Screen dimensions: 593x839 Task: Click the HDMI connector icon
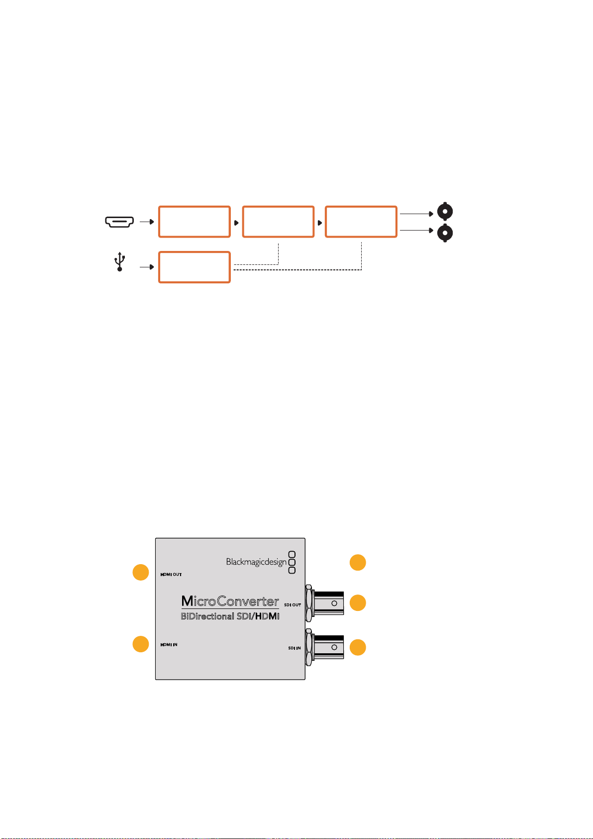119,222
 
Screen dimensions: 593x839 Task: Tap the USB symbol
120,261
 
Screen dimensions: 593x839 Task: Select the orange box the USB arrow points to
194,267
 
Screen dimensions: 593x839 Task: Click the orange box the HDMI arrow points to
194,222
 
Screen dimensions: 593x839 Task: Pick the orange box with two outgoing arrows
361,222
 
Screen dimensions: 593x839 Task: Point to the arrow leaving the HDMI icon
147,222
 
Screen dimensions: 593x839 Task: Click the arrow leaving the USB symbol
147,267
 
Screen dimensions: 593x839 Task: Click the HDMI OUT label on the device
171,574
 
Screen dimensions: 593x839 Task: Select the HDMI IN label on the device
169,645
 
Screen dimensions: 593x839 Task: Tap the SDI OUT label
292,604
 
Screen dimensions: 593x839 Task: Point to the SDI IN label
294,648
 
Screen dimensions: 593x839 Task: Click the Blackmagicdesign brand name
256,562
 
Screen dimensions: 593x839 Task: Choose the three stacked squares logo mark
292,562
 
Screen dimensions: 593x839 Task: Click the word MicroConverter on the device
230,601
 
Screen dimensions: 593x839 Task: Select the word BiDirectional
207,616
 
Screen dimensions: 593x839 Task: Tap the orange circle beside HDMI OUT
141,572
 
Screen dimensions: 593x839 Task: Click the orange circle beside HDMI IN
141,644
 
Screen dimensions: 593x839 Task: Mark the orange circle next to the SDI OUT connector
358,602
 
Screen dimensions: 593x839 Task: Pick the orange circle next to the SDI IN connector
358,647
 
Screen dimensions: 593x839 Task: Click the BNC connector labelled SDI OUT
324,603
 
